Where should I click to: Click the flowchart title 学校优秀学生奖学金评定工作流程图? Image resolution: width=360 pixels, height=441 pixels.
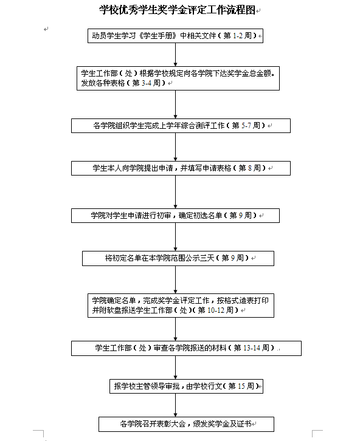[177, 10]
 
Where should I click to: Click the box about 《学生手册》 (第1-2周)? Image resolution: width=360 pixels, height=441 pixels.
[175, 36]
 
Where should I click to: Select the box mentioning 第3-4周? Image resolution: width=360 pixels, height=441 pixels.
[178, 78]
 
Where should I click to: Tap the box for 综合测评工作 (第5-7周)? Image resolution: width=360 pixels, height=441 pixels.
[181, 126]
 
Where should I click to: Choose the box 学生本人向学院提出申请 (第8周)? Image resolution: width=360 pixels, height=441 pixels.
[181, 168]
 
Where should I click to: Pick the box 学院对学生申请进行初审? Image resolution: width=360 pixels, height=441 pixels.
[175, 216]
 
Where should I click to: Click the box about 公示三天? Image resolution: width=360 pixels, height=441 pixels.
[178, 258]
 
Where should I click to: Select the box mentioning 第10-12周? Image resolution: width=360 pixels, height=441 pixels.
[181, 306]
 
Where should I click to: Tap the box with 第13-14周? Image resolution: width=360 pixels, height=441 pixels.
[186, 348]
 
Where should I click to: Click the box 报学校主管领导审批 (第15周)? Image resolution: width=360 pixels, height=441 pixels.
[186, 386]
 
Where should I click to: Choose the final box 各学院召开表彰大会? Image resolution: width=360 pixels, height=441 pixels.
[186, 424]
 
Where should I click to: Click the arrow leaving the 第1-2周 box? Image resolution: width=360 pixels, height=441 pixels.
[175, 55]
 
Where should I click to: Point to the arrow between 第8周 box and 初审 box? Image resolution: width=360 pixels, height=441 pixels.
[175, 192]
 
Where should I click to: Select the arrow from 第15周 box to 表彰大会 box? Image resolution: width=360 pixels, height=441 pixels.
[175, 405]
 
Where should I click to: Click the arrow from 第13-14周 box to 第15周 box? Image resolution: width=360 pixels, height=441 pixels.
[175, 367]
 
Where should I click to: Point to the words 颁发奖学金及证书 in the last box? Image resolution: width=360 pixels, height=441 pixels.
[222, 423]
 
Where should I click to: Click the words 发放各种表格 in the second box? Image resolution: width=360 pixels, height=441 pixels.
[103, 83]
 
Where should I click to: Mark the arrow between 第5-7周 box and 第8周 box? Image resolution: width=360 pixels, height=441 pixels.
[175, 147]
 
